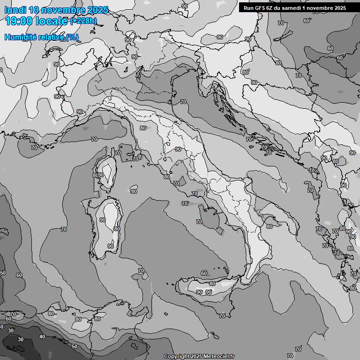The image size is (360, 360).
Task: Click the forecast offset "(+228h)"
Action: click(84, 21)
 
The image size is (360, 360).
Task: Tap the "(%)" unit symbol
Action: click(72, 37)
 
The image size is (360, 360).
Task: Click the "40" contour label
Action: click(42, 337)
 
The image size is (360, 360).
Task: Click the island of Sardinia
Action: click(105, 227)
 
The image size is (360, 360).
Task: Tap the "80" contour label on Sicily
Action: click(212, 284)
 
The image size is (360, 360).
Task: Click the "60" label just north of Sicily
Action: click(203, 273)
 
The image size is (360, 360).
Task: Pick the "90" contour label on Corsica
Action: click(101, 175)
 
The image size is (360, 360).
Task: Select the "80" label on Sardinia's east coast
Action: click(117, 229)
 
